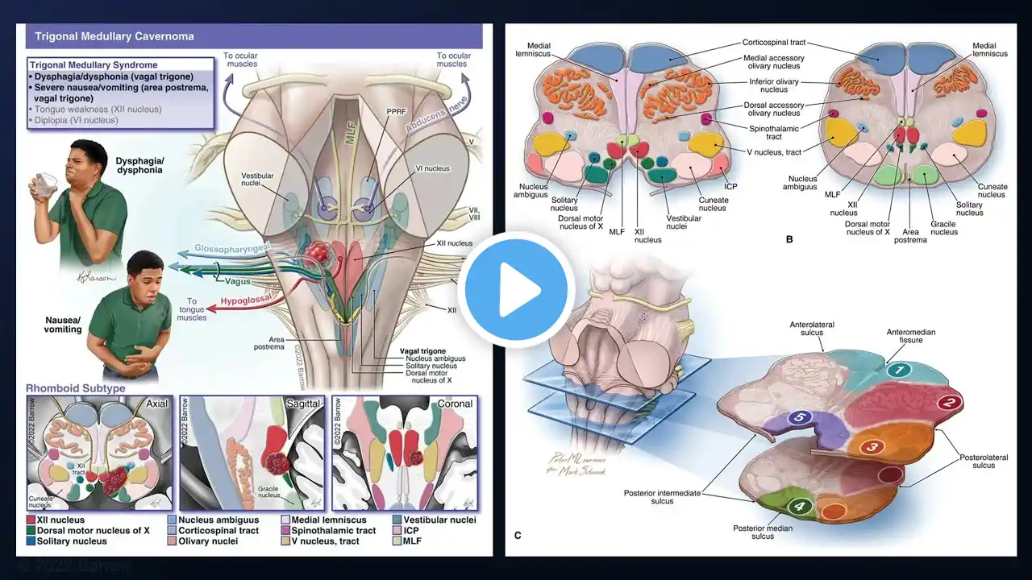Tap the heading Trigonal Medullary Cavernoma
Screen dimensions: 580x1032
pyautogui.click(x=114, y=36)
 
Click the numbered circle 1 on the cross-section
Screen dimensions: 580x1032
pyautogui.click(x=900, y=370)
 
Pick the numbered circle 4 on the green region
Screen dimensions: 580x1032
pyautogui.click(x=798, y=507)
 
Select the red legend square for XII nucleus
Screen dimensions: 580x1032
pyautogui.click(x=30, y=520)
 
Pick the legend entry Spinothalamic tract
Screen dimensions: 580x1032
pyautogui.click(x=333, y=531)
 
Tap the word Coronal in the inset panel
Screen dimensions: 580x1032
pyautogui.click(x=455, y=403)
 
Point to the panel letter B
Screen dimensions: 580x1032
pyautogui.click(x=789, y=239)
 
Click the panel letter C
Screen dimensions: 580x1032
pyautogui.click(x=518, y=535)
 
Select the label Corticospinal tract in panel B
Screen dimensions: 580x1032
pyautogui.click(x=773, y=42)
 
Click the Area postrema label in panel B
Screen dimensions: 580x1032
pyautogui.click(x=909, y=235)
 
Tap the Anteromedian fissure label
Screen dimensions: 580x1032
pyautogui.click(x=911, y=336)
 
